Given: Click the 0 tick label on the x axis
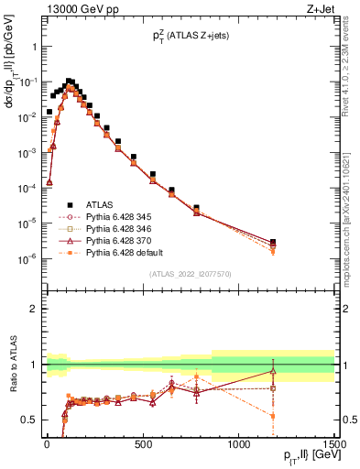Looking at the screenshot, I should (x=46, y=445).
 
